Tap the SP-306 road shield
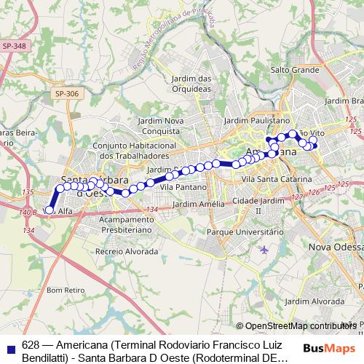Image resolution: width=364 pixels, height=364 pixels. (66, 94)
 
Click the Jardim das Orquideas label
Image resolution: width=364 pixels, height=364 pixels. (191, 84)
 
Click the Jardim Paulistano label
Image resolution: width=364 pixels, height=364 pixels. (257, 120)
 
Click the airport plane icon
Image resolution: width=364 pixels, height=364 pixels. (263, 250)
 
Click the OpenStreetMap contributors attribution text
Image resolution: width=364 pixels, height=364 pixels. (301, 326)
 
